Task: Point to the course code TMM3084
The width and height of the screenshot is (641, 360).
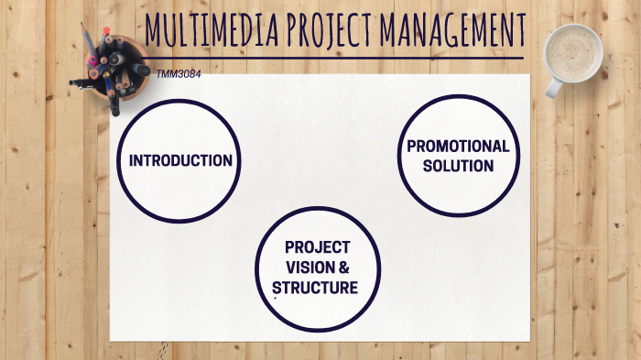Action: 179,72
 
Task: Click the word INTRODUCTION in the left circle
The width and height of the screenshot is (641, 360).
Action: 180,160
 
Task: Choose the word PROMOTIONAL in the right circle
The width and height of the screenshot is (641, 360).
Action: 458,147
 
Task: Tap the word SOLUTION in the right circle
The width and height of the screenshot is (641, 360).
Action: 458,166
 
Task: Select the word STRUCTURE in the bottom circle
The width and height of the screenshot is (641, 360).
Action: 315,288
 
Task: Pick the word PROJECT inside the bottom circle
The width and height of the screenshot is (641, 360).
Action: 317,247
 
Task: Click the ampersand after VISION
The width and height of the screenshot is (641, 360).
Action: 344,267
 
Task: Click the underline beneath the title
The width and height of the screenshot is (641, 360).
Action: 339,58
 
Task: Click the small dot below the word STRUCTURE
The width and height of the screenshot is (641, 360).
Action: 276,299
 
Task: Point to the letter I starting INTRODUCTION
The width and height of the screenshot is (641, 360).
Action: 132,160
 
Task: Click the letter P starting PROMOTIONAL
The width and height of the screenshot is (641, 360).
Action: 411,147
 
